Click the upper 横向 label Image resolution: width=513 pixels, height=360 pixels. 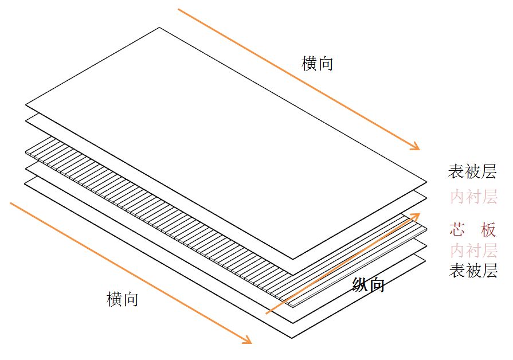pos(317,63)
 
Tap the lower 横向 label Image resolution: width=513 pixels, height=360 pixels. pos(122,299)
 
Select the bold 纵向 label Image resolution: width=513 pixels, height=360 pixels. pos(368,284)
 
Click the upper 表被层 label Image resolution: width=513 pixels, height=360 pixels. pos(473,171)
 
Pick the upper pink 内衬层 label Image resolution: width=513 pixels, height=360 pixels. pos(473,197)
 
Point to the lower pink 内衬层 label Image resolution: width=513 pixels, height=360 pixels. pos(473,251)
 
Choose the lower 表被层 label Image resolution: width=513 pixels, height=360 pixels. pos(473,271)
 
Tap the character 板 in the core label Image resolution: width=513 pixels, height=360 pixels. pos(488,230)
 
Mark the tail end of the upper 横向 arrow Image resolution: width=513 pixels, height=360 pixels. pos(179,9)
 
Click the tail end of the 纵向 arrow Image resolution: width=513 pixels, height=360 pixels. pos(266,314)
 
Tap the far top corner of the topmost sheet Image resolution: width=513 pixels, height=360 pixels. pos(159,28)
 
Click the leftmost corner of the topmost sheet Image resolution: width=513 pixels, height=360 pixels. pos(26,105)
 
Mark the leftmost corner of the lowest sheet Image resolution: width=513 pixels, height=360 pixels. pos(25,182)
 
